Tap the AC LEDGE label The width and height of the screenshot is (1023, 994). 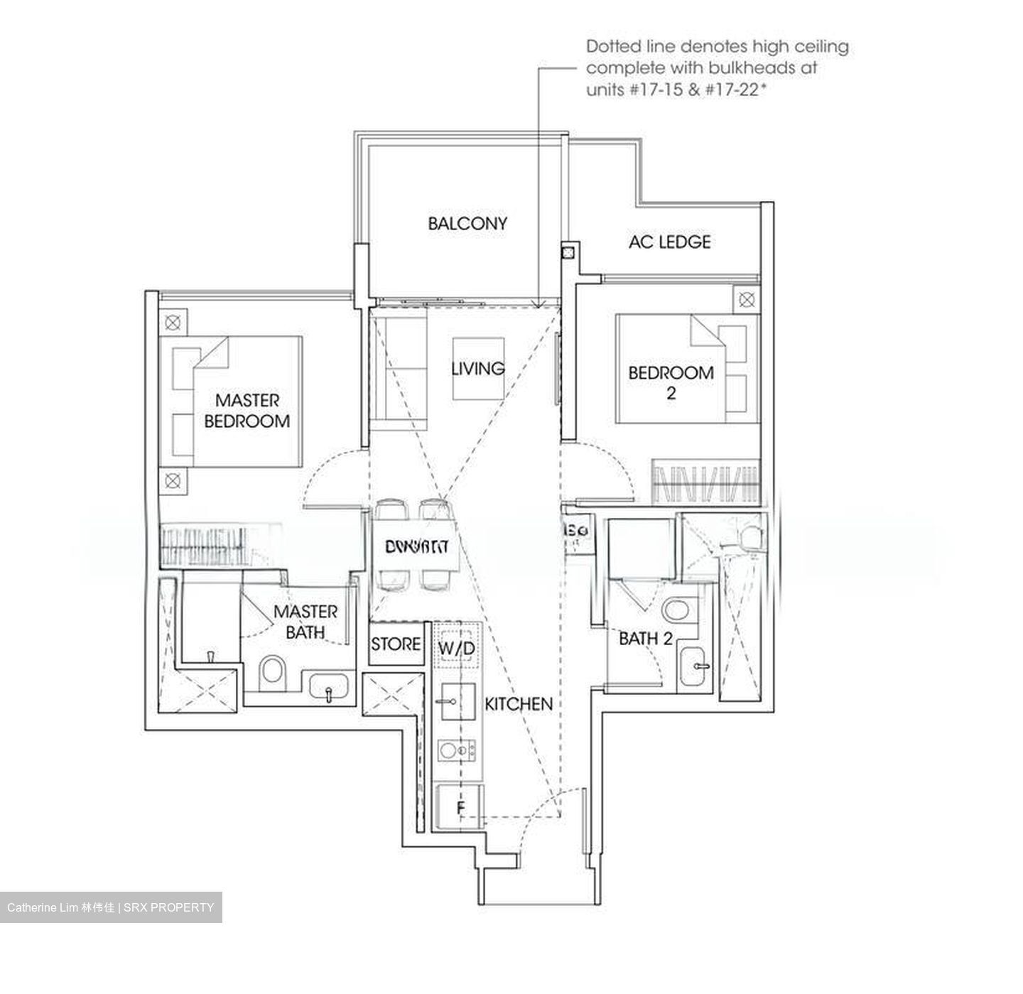tap(669, 242)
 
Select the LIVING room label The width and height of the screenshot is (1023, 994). tap(478, 368)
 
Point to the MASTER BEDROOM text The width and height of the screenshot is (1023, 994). tap(247, 411)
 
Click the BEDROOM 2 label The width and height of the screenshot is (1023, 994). tap(671, 382)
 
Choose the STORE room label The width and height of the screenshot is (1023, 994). tap(396, 644)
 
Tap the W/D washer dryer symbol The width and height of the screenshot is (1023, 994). tap(457, 647)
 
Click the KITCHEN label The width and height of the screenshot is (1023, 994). tap(519, 704)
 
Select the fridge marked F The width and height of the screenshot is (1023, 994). tap(460, 808)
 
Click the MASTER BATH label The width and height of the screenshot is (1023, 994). tap(305, 622)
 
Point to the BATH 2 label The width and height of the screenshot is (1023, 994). tap(645, 639)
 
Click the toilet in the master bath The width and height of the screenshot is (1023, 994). tap(271, 672)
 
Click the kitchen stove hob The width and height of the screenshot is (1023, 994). tap(457, 750)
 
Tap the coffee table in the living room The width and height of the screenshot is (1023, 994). tap(479, 369)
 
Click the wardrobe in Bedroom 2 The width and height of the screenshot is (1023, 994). tap(705, 483)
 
